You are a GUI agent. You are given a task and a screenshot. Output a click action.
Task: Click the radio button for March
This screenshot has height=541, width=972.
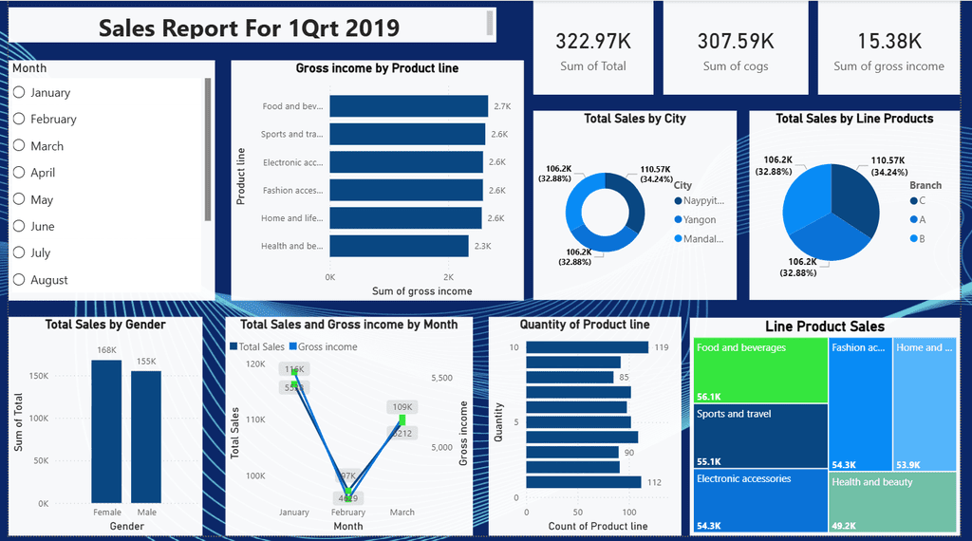point(19,145)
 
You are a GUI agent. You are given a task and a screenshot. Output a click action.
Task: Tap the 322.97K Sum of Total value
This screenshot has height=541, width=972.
point(592,41)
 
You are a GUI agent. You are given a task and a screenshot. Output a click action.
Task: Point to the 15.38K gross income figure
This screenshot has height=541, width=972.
point(888,41)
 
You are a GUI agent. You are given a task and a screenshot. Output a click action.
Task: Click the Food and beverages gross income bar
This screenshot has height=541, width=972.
point(408,106)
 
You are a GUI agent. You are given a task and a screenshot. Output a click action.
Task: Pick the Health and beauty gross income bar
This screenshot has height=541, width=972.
point(399,246)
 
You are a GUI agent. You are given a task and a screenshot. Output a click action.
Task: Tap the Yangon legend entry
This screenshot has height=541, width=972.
point(700,219)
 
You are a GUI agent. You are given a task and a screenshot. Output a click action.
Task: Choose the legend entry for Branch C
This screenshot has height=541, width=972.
point(921,200)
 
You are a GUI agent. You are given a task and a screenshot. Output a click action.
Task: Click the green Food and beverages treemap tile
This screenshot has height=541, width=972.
point(759,370)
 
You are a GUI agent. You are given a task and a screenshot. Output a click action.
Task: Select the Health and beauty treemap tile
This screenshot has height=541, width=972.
point(893,502)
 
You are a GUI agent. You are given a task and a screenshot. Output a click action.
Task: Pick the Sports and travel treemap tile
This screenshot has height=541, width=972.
point(759,436)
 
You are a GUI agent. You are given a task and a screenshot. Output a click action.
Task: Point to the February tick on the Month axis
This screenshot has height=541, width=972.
point(348,513)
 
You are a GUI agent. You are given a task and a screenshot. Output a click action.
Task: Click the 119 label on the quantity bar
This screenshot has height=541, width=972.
point(663,347)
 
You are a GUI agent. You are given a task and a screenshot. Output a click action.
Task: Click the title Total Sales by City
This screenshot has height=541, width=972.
point(634,119)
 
